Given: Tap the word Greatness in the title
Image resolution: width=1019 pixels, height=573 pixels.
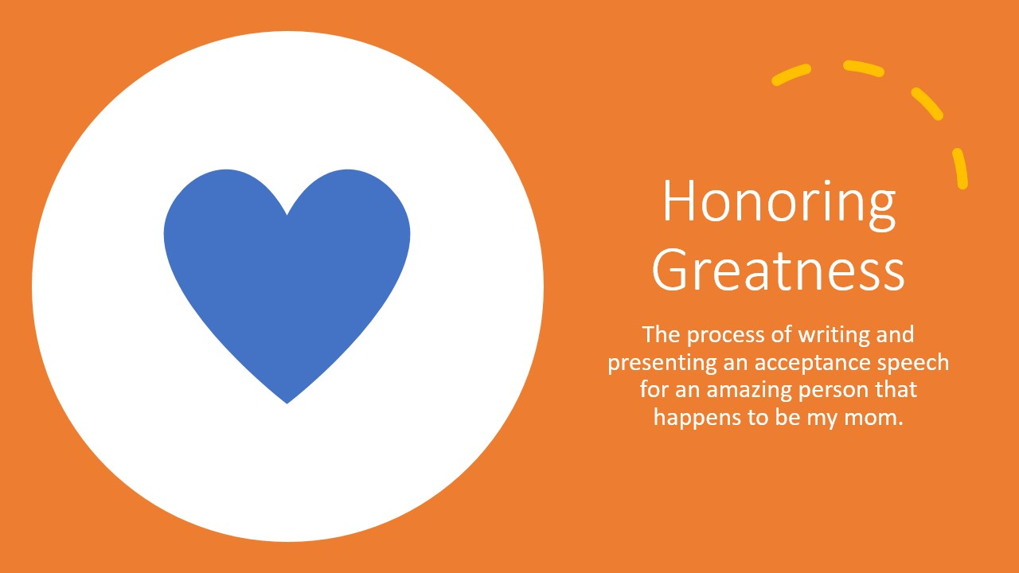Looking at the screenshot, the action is pos(779,270).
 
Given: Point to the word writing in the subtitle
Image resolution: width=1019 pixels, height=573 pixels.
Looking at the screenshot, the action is pos(834,336).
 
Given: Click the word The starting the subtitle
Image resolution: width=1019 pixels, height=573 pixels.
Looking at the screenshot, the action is pos(661,335).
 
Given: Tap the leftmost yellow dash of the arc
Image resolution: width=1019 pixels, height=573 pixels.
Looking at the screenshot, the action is pos(791,75).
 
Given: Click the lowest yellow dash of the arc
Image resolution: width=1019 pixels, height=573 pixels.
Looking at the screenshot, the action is pos(960,168).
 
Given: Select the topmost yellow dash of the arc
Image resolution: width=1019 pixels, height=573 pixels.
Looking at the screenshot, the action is pos(864,68).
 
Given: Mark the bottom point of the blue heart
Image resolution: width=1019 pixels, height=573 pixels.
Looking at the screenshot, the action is pos(287,403).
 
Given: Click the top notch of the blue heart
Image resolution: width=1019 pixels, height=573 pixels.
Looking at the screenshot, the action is pos(287,214).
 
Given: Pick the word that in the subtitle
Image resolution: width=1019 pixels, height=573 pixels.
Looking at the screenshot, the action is pos(895,390).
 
